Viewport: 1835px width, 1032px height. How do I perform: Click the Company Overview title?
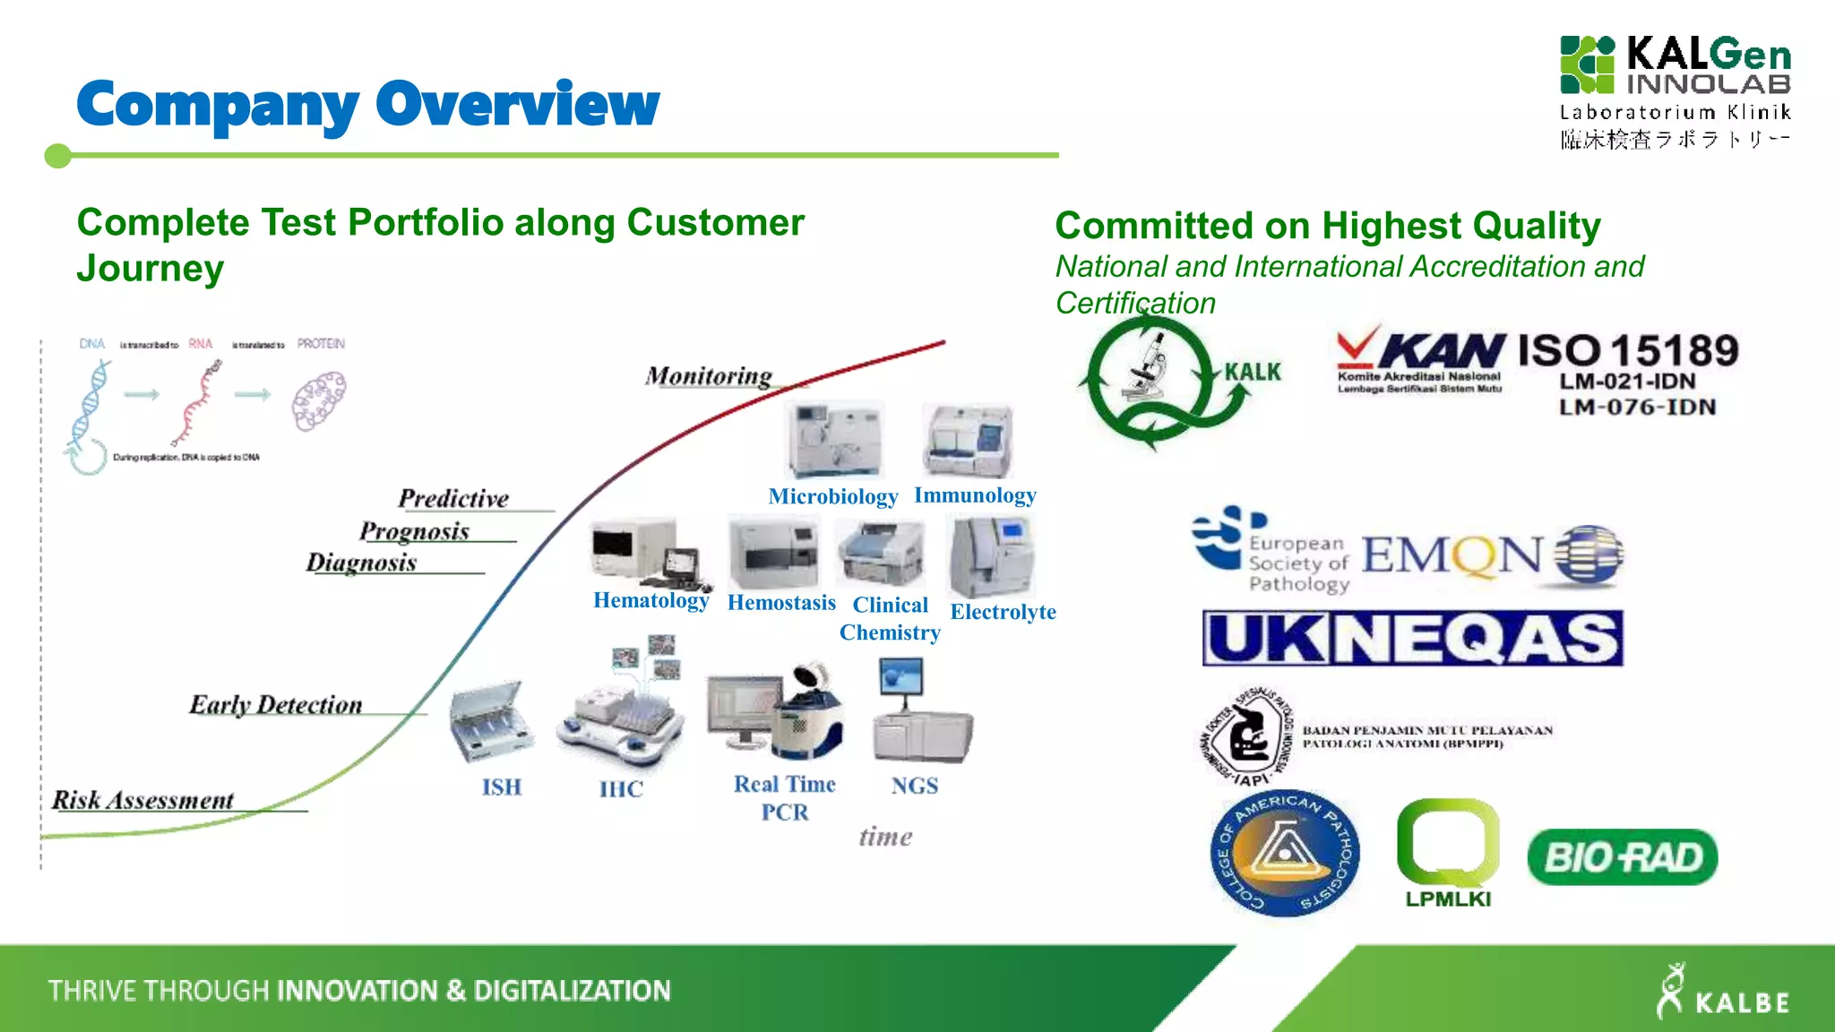coord(367,105)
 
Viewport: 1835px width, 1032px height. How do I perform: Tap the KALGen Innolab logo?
coord(1674,90)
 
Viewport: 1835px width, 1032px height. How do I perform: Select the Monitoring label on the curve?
coord(709,376)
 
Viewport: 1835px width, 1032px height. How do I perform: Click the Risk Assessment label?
coord(143,800)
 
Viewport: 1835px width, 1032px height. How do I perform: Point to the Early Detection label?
coord(275,705)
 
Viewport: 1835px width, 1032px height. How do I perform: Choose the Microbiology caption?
coord(832,496)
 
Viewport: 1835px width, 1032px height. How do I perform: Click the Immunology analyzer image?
coord(969,440)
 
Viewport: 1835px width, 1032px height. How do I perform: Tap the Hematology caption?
coord(650,600)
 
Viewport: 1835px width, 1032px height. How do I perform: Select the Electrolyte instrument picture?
coord(992,557)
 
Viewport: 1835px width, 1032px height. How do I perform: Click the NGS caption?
coord(914,786)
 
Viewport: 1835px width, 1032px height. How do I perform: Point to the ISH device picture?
coord(491,720)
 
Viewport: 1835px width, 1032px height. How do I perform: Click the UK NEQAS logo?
coord(1412,639)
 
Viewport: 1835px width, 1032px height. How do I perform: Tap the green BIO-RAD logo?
coord(1622,857)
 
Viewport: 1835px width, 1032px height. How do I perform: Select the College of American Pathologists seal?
coord(1284,853)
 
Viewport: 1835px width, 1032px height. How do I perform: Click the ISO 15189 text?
coord(1628,351)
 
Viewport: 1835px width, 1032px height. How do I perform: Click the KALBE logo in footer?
coord(1722,992)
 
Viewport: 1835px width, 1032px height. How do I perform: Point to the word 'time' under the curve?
coord(885,837)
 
